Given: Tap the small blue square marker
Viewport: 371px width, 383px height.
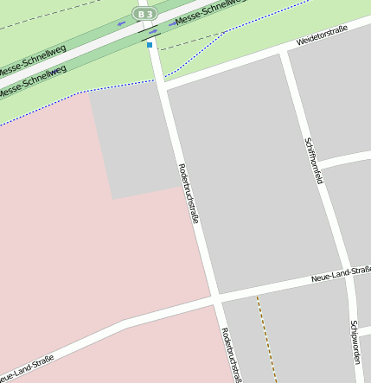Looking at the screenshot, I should pyautogui.click(x=150, y=44).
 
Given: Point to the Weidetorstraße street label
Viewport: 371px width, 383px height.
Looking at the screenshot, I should pyautogui.click(x=322, y=35).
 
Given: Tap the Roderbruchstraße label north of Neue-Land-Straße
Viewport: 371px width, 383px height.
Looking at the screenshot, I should pyautogui.click(x=189, y=194).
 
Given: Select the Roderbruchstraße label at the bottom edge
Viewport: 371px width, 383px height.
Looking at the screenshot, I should pyautogui.click(x=230, y=354).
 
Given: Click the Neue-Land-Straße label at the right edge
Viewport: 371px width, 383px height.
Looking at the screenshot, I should pyautogui.click(x=341, y=275).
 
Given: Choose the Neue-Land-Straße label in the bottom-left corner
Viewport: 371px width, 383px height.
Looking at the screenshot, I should pyautogui.click(x=26, y=368).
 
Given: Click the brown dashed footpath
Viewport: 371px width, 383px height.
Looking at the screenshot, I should pyautogui.click(x=265, y=337).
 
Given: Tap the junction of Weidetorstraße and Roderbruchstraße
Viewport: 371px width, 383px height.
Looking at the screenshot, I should pyautogui.click(x=162, y=83).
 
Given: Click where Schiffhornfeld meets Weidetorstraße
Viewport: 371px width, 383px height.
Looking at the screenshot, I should pyautogui.click(x=282, y=54).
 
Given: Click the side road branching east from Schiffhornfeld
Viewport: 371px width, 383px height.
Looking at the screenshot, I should pyautogui.click(x=346, y=159).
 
